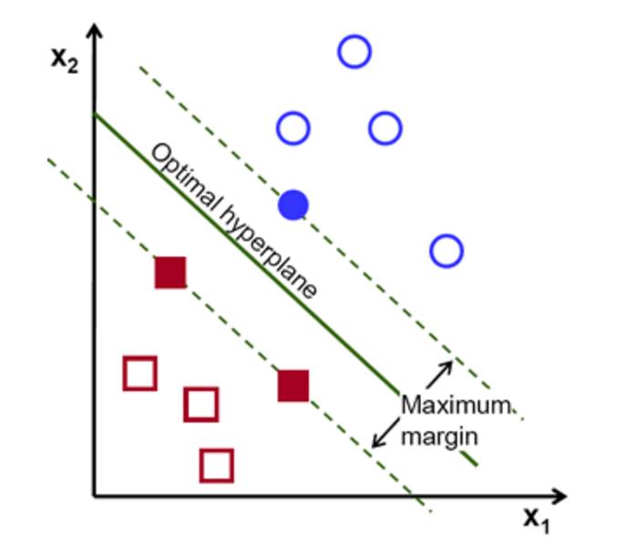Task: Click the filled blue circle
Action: coord(293,205)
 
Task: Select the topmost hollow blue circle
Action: coord(355,52)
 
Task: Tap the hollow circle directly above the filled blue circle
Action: coord(293,129)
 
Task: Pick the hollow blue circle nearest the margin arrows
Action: coord(446,250)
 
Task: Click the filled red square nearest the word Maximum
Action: coord(293,386)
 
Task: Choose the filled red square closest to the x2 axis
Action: coord(170,272)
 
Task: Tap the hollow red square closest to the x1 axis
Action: coord(216,465)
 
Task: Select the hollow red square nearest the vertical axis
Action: coord(139,373)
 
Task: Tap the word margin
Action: coord(440,436)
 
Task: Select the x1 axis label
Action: coord(538,520)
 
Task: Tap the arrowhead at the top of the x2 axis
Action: coord(95,35)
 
